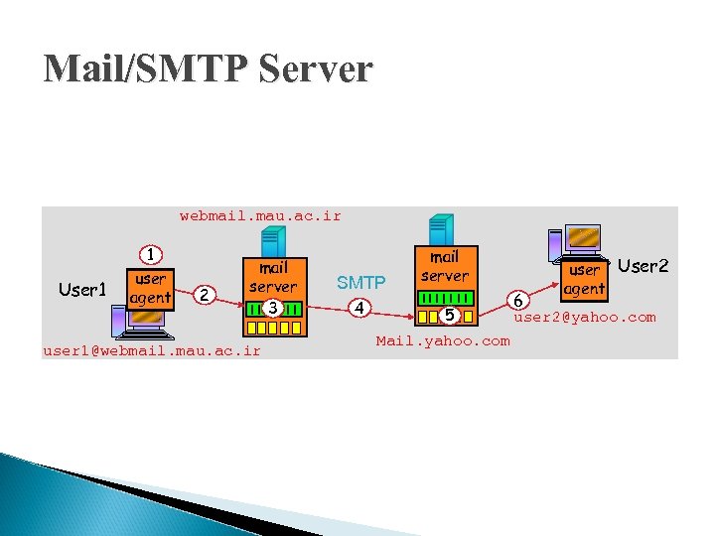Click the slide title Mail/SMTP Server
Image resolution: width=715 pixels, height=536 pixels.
coord(208,68)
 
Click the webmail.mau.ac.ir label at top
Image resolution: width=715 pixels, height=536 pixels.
coord(260,215)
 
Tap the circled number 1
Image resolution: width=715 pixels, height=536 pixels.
coord(151,255)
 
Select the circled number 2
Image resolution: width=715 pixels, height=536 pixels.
coord(203,294)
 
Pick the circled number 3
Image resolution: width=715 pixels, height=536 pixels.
coord(272,308)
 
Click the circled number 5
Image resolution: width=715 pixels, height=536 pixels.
coord(449,316)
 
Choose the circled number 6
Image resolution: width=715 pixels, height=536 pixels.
coord(517,300)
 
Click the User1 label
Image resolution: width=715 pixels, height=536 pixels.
coord(82,290)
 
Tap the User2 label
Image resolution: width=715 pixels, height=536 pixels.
coord(643,266)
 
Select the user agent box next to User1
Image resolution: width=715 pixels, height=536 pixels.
coord(150,288)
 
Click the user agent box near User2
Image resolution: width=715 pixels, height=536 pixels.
coord(584,279)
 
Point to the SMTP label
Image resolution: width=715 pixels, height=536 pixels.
coord(360,283)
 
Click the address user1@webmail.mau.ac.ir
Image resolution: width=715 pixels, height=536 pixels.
coord(151,350)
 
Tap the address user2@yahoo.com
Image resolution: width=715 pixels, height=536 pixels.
coord(584,318)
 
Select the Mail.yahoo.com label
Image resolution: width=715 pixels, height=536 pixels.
coord(442,341)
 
